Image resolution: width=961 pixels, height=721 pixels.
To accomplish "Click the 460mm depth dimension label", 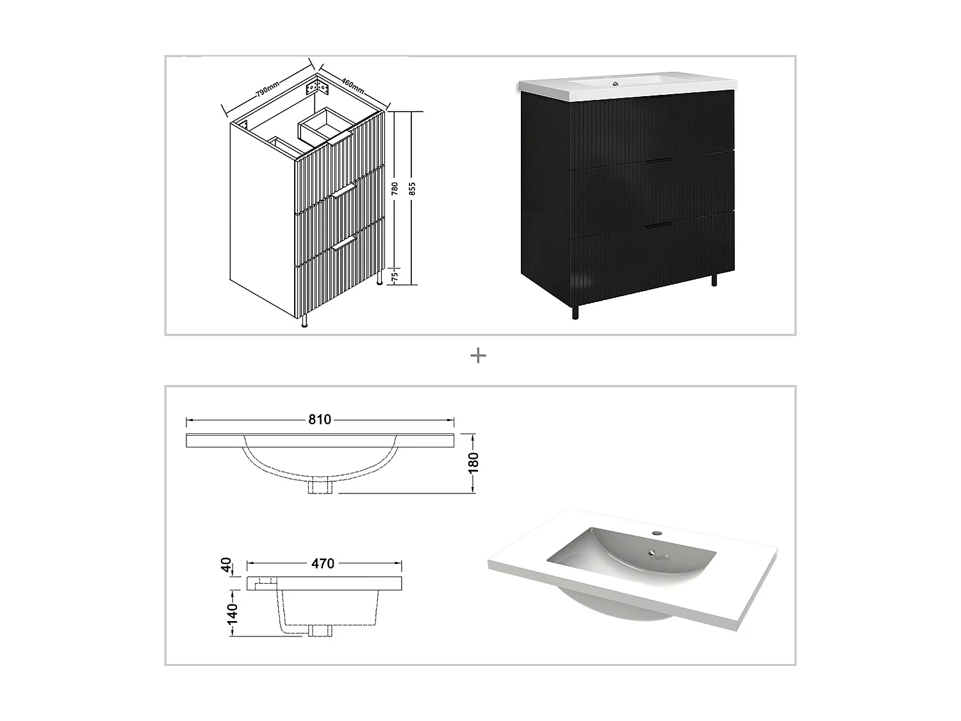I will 352,84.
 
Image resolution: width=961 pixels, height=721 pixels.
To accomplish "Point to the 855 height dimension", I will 413,188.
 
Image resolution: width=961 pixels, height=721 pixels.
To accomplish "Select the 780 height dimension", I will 395,188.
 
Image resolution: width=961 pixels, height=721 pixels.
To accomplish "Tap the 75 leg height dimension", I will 395,276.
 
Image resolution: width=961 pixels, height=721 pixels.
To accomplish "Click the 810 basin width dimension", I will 320,420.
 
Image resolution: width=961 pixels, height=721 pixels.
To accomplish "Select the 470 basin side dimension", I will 323,563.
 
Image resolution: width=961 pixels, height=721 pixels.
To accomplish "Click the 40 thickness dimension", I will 226,565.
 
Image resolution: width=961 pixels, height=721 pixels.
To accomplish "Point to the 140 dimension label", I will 232,613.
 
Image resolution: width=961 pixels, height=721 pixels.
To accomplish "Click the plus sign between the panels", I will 479,356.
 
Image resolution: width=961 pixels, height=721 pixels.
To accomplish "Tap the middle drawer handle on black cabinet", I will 659,161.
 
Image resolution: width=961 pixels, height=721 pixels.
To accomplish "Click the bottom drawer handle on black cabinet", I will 659,225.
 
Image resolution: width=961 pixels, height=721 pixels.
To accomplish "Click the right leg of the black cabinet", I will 714,280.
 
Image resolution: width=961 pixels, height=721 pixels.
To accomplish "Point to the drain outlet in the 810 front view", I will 320,487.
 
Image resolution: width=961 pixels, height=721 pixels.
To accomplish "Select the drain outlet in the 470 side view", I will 318,631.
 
